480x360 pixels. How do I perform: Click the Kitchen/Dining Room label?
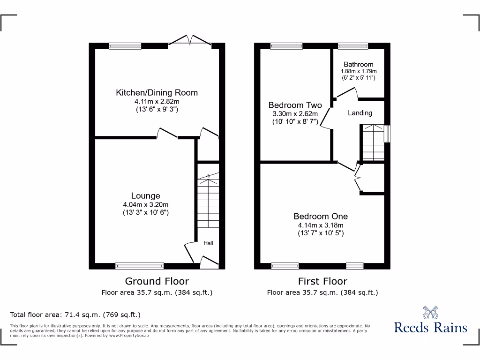157,93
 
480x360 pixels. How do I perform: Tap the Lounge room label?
145,196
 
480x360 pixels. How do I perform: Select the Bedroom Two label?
295,105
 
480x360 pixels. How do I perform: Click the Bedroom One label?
321,216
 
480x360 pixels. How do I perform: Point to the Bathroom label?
359,64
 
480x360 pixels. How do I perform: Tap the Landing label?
360,113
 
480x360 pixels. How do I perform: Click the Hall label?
208,243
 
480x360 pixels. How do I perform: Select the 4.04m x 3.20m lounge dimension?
145,204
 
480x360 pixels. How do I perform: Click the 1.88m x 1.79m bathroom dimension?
359,71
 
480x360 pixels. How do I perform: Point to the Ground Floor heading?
157,281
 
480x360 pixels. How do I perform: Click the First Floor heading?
322,281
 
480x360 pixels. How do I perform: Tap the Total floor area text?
75,315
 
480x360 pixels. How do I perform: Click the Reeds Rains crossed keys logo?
430,313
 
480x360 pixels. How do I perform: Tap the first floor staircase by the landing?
372,143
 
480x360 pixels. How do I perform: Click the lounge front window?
140,266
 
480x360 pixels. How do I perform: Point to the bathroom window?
353,46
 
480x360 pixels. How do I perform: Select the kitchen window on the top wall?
125,46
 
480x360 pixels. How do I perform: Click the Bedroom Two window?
286,46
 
